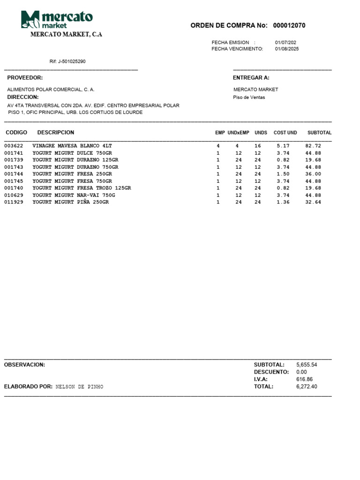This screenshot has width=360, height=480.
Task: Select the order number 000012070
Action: point(289,25)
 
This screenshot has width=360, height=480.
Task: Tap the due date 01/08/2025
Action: point(287,49)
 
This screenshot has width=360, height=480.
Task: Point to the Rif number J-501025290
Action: point(67,61)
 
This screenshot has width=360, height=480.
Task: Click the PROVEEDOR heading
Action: point(25,78)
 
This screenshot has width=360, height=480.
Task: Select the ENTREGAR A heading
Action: point(251,78)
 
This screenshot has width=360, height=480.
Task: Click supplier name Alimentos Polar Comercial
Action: point(51,90)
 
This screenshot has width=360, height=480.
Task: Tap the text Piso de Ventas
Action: point(249,97)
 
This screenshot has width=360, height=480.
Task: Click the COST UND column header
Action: point(285,133)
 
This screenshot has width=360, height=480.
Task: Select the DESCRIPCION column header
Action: point(56,133)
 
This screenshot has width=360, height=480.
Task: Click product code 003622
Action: point(14,146)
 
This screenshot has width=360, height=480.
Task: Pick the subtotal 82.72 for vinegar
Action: point(313,146)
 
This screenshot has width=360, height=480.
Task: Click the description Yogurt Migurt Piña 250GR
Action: point(70,202)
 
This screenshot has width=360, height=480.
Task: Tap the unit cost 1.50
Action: point(283,174)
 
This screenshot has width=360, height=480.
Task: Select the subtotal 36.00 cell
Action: point(313,174)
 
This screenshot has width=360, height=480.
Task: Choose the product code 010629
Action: point(14,195)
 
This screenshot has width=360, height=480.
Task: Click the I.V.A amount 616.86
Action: point(304,379)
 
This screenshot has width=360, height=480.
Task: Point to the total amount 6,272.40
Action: point(307,387)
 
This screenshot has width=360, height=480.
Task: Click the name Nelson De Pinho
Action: point(79,387)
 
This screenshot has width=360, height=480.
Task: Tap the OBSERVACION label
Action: point(24,364)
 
